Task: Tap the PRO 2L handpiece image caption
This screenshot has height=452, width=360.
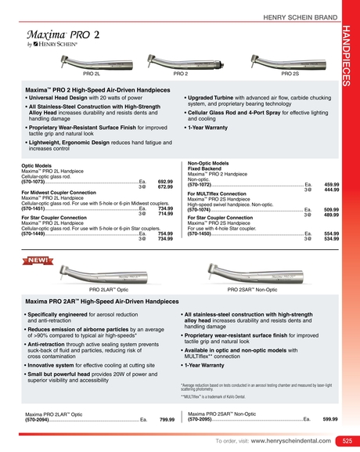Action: pyautogui.click(x=92, y=74)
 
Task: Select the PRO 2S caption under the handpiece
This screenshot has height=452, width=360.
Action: pyautogui.click(x=290, y=74)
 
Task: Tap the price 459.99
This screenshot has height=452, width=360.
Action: pyautogui.click(x=330, y=184)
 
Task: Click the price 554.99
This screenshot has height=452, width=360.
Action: pyautogui.click(x=330, y=233)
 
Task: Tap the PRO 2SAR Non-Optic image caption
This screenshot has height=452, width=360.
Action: pyautogui.click(x=252, y=289)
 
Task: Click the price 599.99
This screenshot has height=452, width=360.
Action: pyautogui.click(x=330, y=419)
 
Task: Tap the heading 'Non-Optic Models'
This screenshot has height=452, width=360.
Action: pyautogui.click(x=208, y=162)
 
